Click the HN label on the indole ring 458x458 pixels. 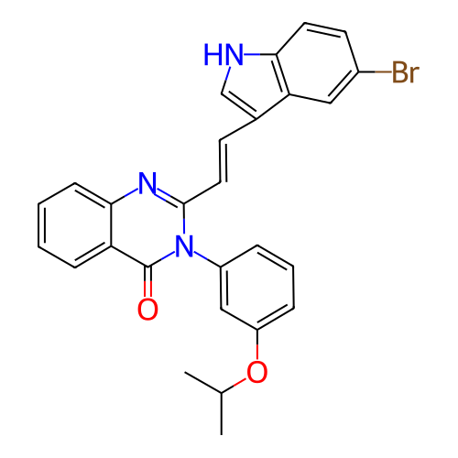(x=224, y=54)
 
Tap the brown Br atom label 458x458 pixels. (x=406, y=72)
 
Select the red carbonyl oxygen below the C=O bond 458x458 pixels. (x=147, y=310)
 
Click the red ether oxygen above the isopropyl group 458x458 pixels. (x=257, y=372)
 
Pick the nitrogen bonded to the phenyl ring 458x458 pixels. (x=184, y=246)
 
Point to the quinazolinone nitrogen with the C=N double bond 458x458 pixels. (x=147, y=183)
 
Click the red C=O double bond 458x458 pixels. (x=147, y=281)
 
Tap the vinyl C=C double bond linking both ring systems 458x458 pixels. (x=224, y=161)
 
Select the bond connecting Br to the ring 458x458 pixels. (x=375, y=72)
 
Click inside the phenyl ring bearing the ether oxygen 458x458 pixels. (x=257, y=288)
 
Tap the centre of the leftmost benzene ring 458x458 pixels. (x=75, y=225)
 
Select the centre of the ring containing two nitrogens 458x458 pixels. (x=147, y=225)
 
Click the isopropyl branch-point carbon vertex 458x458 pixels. (x=222, y=393)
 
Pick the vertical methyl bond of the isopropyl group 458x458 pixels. (x=222, y=414)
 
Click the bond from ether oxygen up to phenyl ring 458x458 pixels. (x=257, y=344)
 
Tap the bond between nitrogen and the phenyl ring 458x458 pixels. (x=207, y=259)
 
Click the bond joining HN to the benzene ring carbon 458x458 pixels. (x=260, y=54)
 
